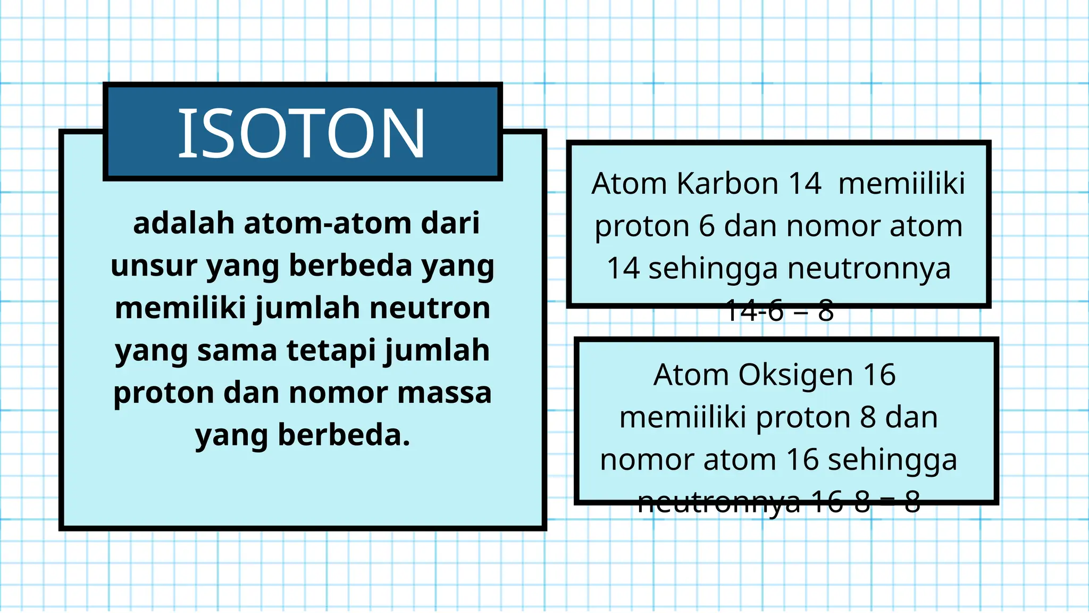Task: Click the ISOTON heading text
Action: point(301,133)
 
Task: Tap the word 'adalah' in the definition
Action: point(183,223)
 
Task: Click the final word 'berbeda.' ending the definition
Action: point(344,435)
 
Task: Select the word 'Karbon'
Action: point(728,184)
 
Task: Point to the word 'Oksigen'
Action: point(796,375)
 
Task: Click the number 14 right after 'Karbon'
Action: point(805,184)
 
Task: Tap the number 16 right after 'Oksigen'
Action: point(879,375)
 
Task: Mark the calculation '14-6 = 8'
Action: point(779,310)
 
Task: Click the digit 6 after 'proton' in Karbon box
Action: point(707,226)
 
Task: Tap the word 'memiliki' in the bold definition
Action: point(180,308)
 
